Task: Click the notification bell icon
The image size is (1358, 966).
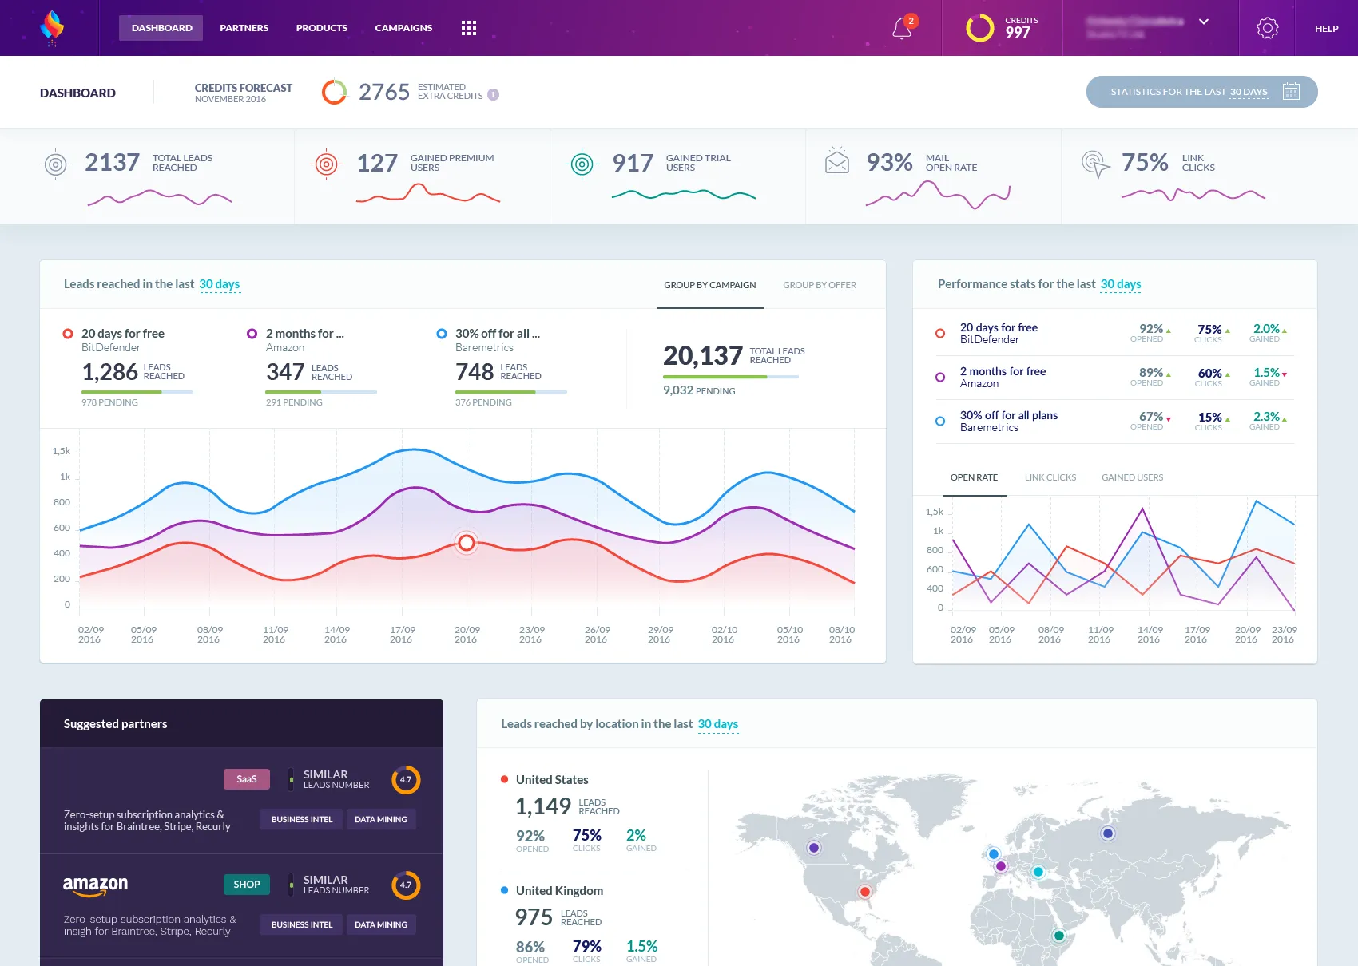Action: point(902,29)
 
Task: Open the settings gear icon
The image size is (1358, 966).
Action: point(1267,28)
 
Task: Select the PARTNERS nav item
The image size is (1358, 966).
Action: point(244,28)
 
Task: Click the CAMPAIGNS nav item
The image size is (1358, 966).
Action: point(403,28)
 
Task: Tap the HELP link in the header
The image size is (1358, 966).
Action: point(1326,29)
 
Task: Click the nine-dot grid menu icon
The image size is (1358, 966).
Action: point(469,28)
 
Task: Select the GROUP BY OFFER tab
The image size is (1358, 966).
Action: point(819,285)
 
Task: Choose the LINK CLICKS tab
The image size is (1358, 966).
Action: point(1050,477)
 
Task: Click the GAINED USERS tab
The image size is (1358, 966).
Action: point(1132,477)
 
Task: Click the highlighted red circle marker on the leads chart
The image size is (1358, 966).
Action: point(466,543)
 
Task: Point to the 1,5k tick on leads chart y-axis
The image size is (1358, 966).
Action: point(62,451)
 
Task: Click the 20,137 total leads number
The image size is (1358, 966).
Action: point(702,355)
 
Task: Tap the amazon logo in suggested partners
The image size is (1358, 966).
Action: point(95,885)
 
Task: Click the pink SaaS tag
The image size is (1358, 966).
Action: point(246,779)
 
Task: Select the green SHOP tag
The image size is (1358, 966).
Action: point(246,885)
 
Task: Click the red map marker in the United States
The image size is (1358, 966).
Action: point(864,892)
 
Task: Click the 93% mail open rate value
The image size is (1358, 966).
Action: point(889,163)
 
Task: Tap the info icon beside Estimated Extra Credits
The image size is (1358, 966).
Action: point(494,95)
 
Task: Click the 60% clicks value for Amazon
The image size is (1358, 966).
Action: point(1209,373)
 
